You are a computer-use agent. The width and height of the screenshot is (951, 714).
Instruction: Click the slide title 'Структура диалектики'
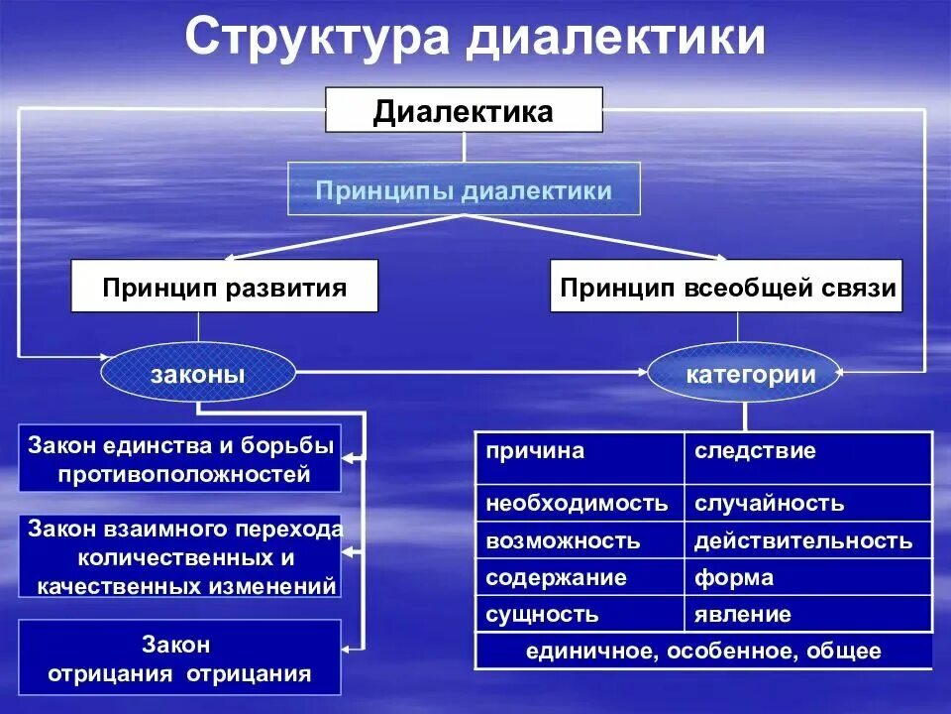tap(475, 40)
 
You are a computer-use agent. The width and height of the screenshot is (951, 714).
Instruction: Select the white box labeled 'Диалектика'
tap(464, 110)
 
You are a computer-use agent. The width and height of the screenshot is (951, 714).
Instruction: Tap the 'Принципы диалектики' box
tap(464, 189)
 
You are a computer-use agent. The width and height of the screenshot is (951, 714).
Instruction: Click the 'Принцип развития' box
tap(224, 287)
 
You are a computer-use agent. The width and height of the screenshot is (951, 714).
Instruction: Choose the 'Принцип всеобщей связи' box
tap(726, 287)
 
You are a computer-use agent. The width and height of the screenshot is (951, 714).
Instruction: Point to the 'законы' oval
tap(198, 374)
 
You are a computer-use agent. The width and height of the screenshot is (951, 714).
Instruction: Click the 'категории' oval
tap(745, 374)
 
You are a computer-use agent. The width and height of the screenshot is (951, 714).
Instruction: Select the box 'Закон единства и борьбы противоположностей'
tap(180, 459)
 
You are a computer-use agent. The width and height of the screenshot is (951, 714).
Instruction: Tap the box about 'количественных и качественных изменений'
tap(180, 556)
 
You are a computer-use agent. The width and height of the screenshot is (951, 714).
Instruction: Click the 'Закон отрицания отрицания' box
tap(180, 658)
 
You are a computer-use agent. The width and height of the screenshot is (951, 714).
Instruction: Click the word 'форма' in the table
tap(734, 577)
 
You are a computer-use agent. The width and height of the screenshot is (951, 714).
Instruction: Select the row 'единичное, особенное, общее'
tap(703, 651)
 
